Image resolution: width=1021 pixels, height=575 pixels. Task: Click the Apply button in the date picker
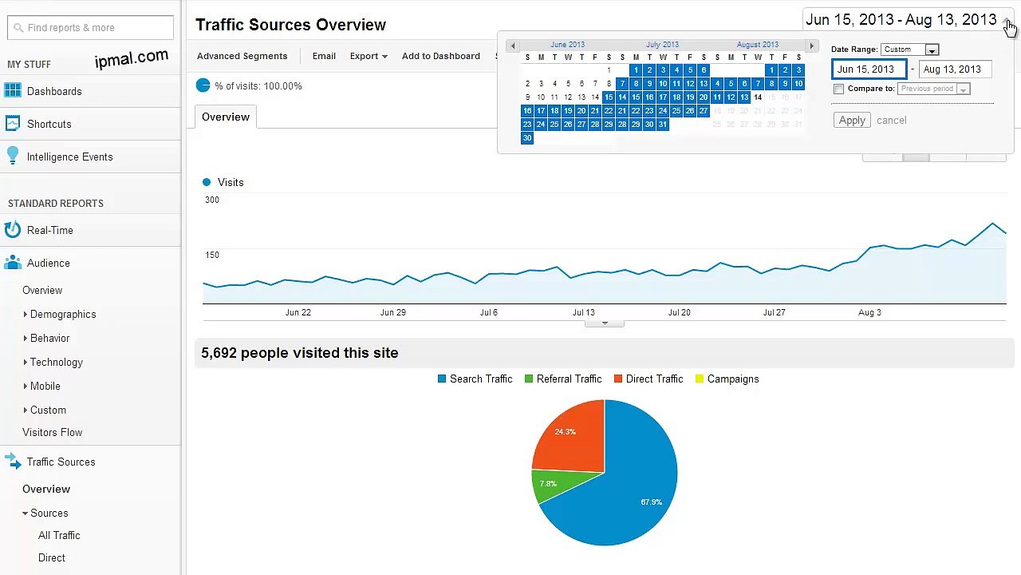(x=852, y=121)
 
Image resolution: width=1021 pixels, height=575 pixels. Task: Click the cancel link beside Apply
(x=891, y=121)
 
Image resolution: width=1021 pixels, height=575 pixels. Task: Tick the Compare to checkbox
(x=838, y=89)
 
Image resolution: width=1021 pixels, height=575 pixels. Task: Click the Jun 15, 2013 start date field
(x=869, y=69)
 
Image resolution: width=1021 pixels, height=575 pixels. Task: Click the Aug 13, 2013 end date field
(x=955, y=69)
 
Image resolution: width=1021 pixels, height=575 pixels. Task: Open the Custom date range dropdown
(x=910, y=50)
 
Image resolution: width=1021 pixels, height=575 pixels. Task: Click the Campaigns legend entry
(x=732, y=379)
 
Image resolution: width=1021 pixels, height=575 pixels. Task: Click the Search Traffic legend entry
(x=480, y=379)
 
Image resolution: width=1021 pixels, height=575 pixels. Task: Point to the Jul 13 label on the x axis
(x=583, y=313)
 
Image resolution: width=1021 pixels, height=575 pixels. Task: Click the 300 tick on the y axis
(x=211, y=200)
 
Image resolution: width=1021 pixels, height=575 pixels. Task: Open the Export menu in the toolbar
(x=368, y=57)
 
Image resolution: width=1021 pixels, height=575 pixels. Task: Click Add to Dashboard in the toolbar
(x=440, y=57)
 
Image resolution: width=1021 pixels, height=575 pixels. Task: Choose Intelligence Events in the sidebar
(x=69, y=157)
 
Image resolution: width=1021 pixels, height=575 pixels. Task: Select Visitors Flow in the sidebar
(x=52, y=433)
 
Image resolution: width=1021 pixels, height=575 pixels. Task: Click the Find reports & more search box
(x=90, y=28)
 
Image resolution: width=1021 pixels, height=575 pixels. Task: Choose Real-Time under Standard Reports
(x=49, y=231)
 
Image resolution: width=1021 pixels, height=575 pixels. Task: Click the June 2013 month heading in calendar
(x=567, y=45)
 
